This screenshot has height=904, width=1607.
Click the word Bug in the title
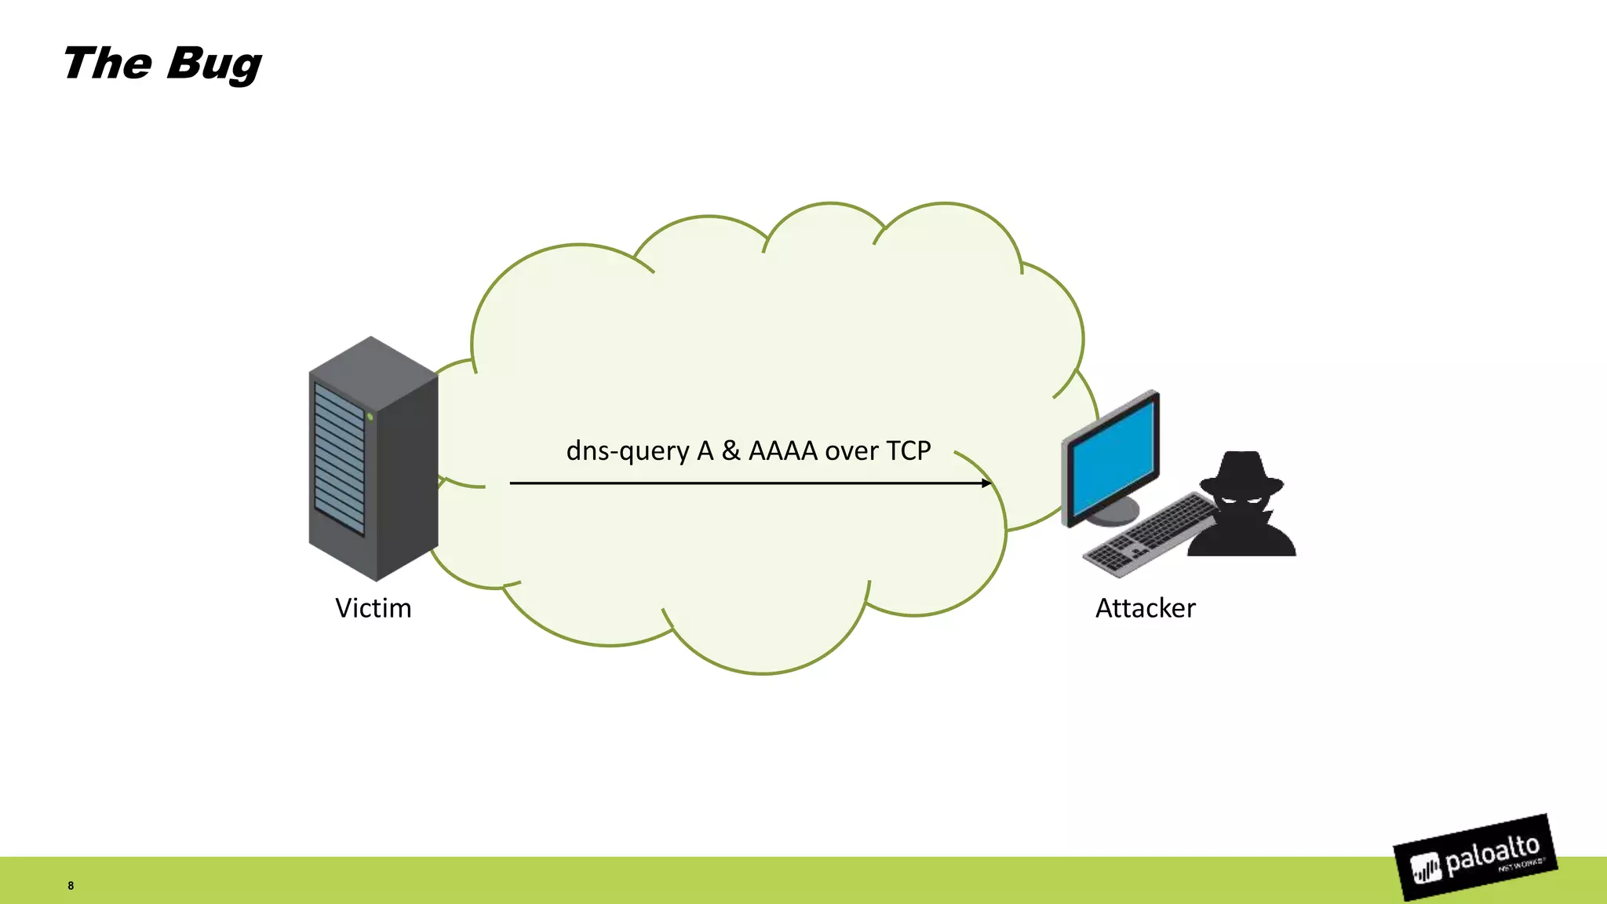213,64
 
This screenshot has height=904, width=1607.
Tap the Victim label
373,608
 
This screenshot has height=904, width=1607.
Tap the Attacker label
1145,608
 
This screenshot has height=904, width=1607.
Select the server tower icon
374,459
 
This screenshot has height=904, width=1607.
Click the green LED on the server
370,417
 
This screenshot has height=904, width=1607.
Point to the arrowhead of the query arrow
986,483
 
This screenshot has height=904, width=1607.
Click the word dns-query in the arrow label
628,451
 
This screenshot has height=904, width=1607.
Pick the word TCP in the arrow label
908,451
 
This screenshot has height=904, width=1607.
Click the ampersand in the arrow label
731,451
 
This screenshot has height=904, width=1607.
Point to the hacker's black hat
1241,472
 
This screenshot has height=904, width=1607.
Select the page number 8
71,886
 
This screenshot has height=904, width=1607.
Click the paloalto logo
1475,858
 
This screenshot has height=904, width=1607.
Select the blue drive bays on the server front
339,459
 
